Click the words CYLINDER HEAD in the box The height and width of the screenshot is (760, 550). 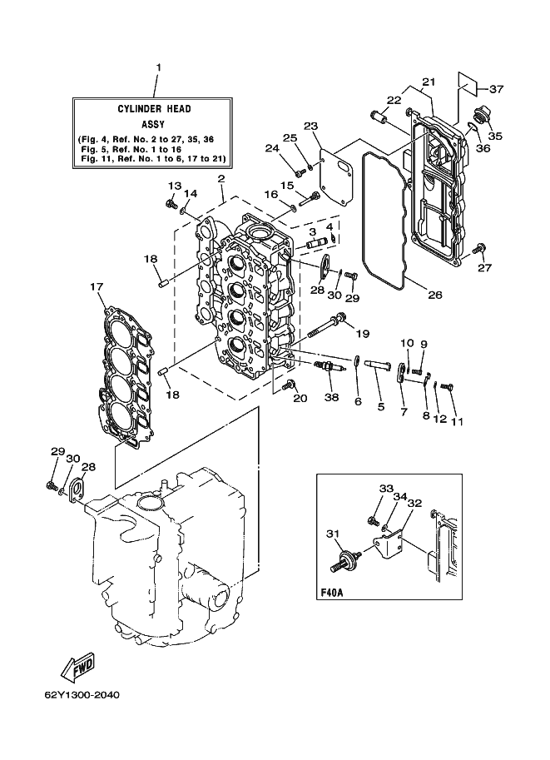(154, 108)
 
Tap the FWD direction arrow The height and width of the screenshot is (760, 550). (78, 666)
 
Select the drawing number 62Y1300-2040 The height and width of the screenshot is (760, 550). (82, 695)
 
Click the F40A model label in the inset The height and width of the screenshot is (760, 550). (332, 592)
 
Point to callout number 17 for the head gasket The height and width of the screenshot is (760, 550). (97, 286)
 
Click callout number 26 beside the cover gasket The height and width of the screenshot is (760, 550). (435, 294)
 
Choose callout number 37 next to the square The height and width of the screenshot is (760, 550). (496, 89)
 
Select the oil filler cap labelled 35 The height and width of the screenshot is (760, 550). (479, 117)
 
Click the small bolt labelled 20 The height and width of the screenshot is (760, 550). (289, 385)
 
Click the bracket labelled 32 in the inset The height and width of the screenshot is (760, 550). (387, 544)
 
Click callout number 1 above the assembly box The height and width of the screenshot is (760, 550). (158, 67)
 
